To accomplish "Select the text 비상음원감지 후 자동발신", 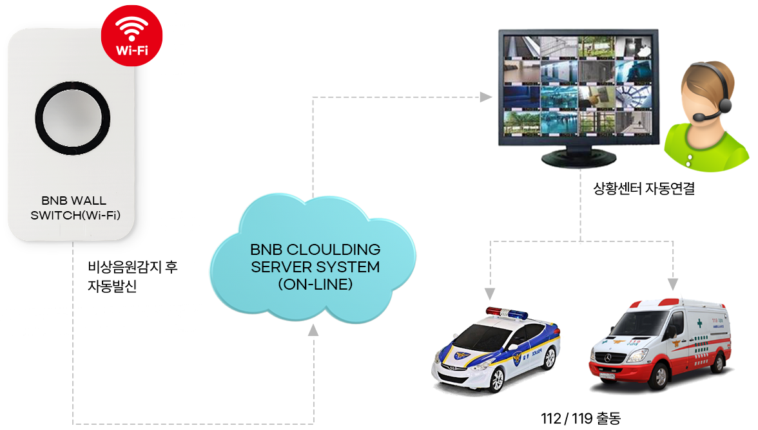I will point(132,277).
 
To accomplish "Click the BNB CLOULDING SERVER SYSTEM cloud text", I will point(315,266).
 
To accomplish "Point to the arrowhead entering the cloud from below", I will point(313,330).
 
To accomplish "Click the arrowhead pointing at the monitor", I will point(485,97).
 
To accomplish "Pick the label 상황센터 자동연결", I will point(643,190).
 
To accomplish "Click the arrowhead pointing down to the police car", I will point(490,294).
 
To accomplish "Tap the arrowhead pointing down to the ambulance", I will point(673,284).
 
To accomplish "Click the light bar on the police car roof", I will point(507,313).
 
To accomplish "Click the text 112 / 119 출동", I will point(580,418).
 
